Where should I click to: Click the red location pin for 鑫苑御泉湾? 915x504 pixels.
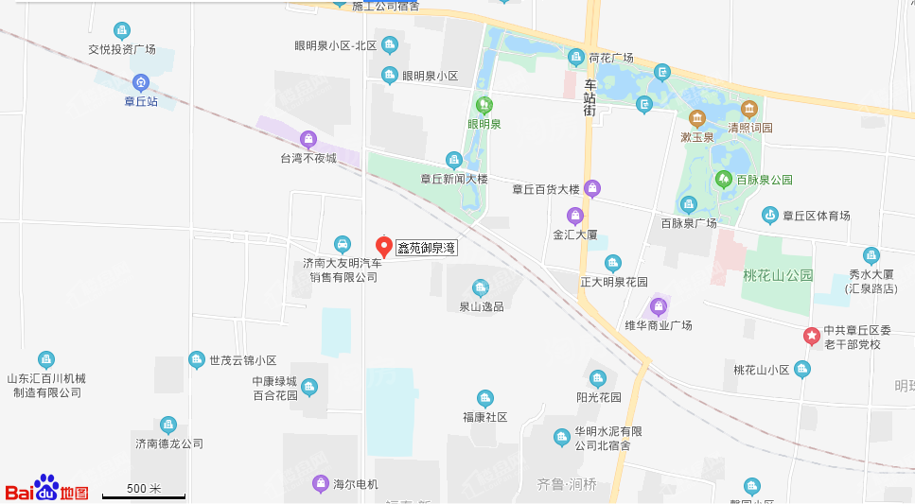pos(384,246)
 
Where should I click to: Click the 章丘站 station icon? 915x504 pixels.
pos(141,82)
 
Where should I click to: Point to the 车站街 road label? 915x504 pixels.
pos(589,97)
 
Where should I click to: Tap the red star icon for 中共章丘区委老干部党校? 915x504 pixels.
pos(811,336)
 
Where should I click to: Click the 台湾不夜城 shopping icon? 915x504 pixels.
pos(308,140)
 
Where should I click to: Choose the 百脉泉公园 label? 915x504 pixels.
pos(765,179)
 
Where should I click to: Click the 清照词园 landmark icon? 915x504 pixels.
pos(749,110)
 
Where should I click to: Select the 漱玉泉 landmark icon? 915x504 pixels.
pos(696,118)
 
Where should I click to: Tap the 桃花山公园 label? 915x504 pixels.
pos(779,275)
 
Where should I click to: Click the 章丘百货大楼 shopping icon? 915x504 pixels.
pos(592,188)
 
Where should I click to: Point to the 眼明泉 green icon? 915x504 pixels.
pos(484,105)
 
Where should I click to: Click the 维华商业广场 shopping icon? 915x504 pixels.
pos(659,306)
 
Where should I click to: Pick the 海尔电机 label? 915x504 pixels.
pos(356,484)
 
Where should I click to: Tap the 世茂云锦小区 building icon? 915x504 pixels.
pos(196,359)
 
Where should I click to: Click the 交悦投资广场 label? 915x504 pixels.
pos(122,49)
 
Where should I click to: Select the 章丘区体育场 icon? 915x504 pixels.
pos(770,216)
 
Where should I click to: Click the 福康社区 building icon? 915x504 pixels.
pos(485,399)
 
